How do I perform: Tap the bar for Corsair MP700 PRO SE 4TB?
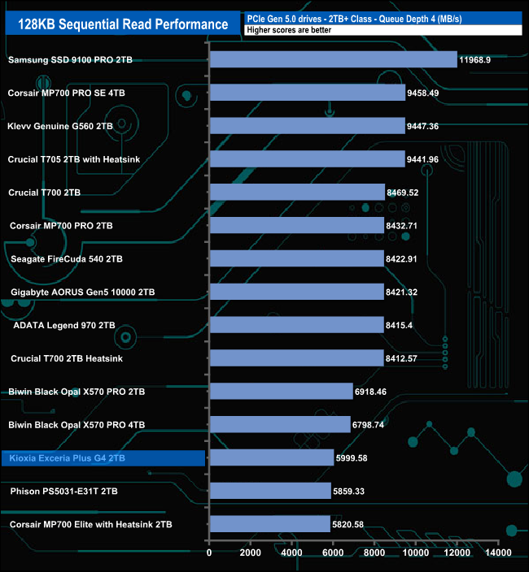(308, 93)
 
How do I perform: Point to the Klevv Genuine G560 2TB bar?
(308, 126)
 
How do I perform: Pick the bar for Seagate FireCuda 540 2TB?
(297, 258)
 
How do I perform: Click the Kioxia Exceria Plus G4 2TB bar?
(272, 457)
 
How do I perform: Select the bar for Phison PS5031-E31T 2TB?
(270, 491)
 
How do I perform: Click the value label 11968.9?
(479, 60)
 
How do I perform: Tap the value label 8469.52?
(407, 193)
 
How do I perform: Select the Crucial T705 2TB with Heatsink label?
(74, 159)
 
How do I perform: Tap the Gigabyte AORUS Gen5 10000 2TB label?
(83, 292)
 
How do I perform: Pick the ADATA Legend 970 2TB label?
(64, 325)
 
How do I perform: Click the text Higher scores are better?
(287, 30)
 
